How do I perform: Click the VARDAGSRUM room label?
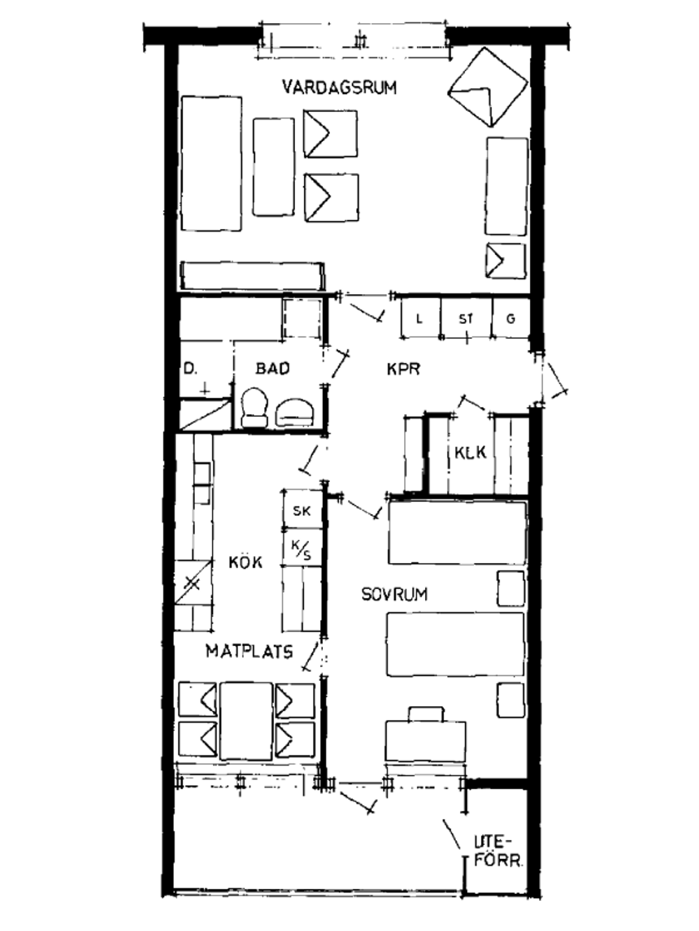point(339,87)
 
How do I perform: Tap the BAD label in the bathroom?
point(273,368)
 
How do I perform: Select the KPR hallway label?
point(403,369)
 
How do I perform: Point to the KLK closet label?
point(470,453)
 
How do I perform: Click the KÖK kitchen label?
point(245,562)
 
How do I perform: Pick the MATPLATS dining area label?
point(249,651)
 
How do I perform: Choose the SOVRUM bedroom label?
point(394,594)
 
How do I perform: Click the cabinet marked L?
point(421,318)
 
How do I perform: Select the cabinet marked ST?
point(466,318)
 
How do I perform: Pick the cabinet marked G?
point(511,318)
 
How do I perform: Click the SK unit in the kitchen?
point(302,510)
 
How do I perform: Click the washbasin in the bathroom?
point(295,411)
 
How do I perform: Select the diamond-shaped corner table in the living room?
point(488,87)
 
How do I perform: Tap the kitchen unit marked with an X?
point(194,584)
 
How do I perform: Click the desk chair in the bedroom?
point(426,714)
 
